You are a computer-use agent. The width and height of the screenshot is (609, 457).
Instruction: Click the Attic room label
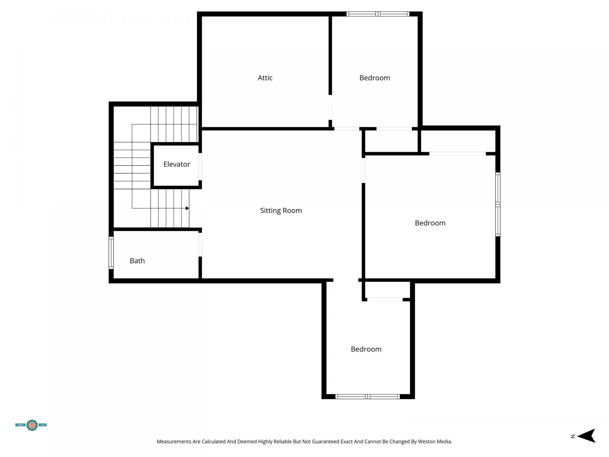(265, 78)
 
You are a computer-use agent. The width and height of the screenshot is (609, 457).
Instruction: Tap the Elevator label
(176, 164)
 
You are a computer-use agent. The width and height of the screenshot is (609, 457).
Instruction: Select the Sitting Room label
(281, 210)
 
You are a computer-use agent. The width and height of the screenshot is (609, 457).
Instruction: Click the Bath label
(137, 261)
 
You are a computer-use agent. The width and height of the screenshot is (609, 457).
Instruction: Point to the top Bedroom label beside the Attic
(374, 78)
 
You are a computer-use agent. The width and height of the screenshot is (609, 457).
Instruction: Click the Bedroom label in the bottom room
(366, 349)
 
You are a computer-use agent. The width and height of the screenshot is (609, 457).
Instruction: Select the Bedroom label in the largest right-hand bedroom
(430, 223)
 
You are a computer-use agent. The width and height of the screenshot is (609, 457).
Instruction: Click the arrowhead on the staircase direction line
(187, 208)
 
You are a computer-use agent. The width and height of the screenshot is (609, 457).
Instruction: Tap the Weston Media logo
(31, 425)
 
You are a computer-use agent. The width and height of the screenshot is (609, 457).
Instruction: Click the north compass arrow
(586, 436)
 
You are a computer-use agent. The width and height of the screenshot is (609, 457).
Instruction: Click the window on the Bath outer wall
(111, 253)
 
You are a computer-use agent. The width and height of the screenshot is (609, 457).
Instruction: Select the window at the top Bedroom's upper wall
(377, 14)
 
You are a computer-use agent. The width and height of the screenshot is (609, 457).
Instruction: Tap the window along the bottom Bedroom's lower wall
(367, 396)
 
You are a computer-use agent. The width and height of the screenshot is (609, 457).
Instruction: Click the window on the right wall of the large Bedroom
(498, 205)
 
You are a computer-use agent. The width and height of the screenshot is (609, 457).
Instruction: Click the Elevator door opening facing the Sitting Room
(200, 167)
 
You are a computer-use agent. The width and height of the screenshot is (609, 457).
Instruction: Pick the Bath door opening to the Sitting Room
(200, 244)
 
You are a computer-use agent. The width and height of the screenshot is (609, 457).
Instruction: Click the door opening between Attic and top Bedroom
(330, 107)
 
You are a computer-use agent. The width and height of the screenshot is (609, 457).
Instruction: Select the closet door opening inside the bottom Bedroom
(385, 300)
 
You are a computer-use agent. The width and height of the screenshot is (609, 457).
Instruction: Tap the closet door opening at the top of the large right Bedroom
(457, 154)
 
